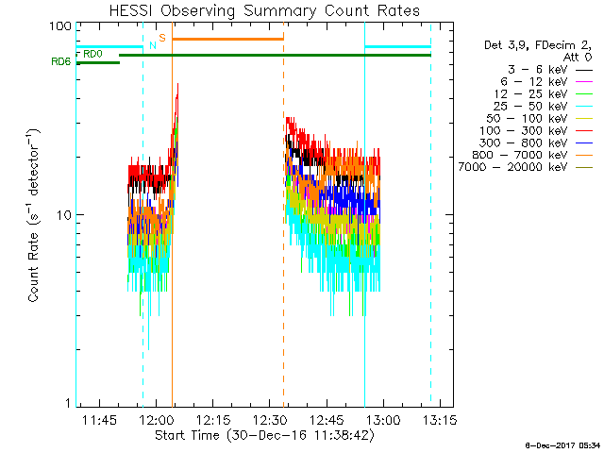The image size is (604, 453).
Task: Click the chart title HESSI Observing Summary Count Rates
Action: pos(253,10)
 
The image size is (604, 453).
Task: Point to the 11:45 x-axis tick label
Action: pos(100,420)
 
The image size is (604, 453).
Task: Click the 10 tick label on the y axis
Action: pos(64,215)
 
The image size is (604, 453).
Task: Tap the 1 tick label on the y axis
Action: pos(68,403)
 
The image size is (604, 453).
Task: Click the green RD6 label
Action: pos(59,62)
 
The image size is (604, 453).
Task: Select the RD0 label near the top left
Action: pos(92,55)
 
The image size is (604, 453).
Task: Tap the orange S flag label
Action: pos(162,38)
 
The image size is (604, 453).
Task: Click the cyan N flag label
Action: pos(152,45)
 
